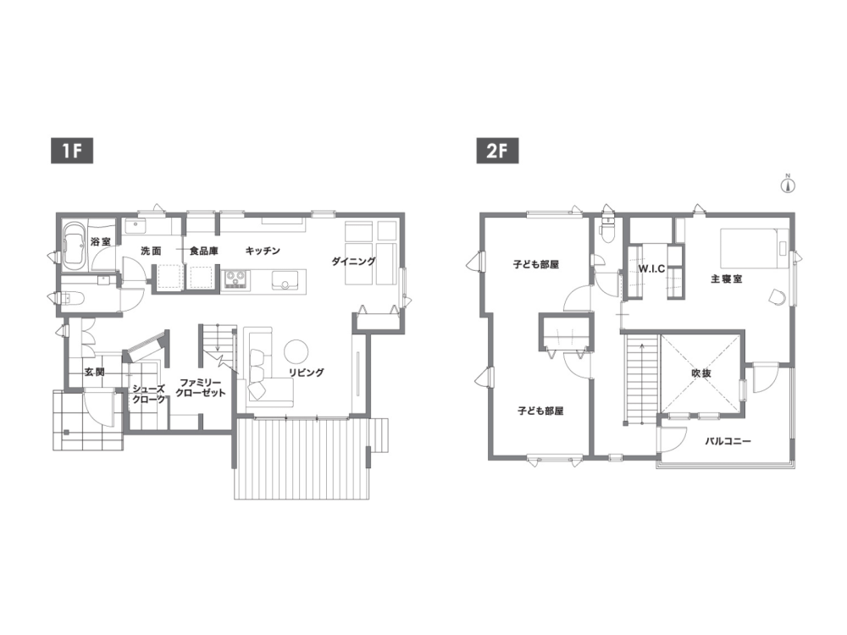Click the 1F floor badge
pos(72,151)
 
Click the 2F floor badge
pos(497,151)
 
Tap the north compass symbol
pos(788,185)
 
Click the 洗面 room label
pos(151,251)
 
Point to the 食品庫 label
pos(203,251)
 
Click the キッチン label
pos(263,251)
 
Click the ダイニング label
pos(353,262)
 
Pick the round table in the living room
pos(296,351)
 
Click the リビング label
pos(306,372)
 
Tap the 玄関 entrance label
pos(94,372)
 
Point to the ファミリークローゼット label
pos(201,388)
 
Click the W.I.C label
pos(651,268)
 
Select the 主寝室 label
pos(726,279)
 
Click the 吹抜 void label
pos(700,373)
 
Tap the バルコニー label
pos(728,441)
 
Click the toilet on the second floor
pos(608,230)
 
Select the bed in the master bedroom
pos(754,247)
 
